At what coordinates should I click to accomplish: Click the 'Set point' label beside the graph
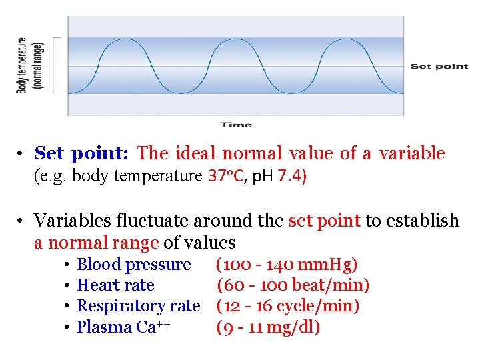pyautogui.click(x=439, y=66)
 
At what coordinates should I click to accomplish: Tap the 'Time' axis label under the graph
pyautogui.click(x=236, y=125)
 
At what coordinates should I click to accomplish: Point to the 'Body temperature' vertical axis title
pyautogui.click(x=22, y=65)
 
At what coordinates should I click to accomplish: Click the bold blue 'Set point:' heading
pyautogui.click(x=81, y=153)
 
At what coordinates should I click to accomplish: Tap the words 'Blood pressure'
pyautogui.click(x=133, y=265)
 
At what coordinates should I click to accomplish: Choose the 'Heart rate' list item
pyautogui.click(x=115, y=285)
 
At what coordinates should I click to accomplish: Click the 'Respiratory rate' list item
pyautogui.click(x=138, y=306)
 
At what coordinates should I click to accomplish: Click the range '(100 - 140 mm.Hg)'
pyautogui.click(x=287, y=265)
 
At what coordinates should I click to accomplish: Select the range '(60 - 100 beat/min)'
pyautogui.click(x=293, y=285)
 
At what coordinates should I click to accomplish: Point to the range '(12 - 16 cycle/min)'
pyautogui.click(x=288, y=306)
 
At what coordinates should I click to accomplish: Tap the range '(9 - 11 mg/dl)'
pyautogui.click(x=268, y=327)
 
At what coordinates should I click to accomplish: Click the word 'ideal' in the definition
pyautogui.click(x=195, y=153)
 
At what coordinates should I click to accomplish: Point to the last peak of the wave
pyautogui.click(x=347, y=40)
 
